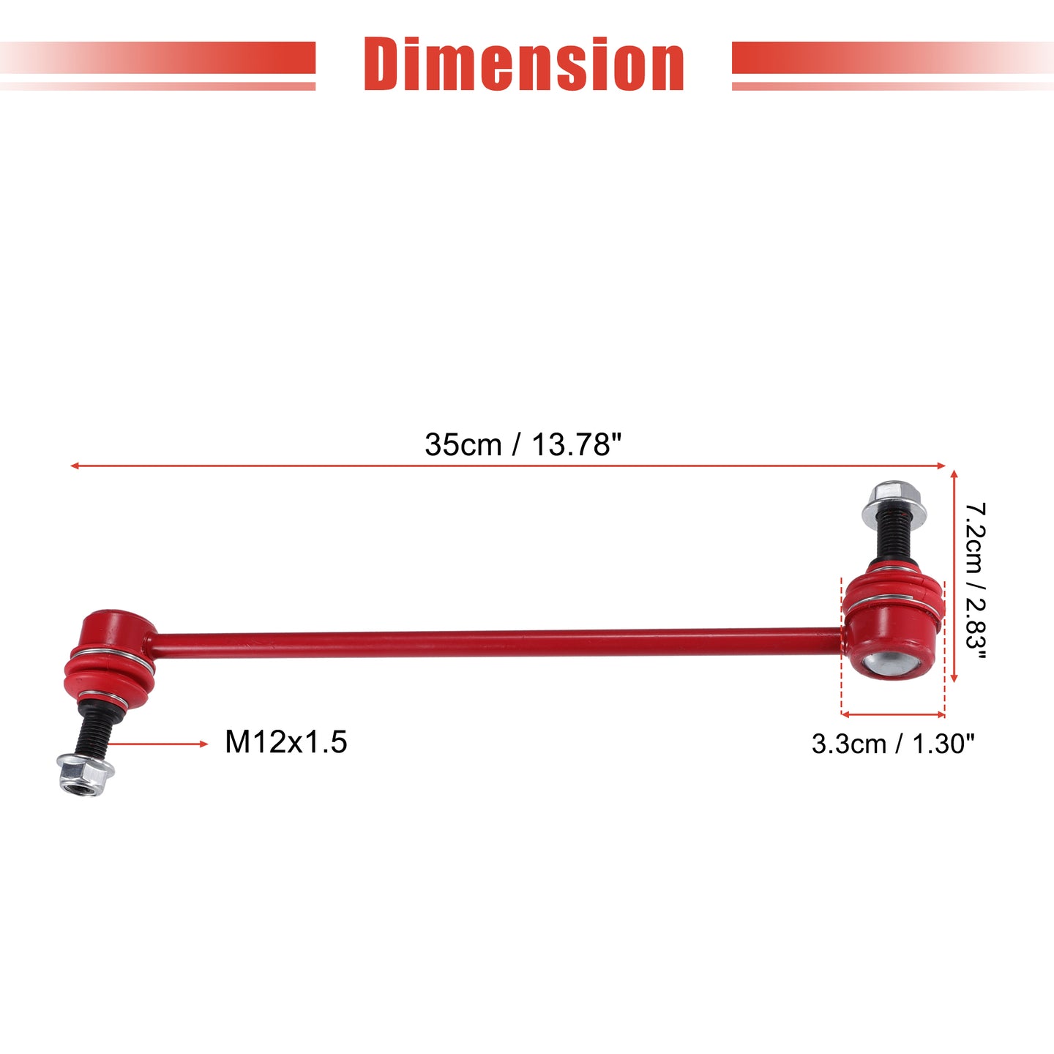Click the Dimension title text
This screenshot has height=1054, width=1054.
point(524,64)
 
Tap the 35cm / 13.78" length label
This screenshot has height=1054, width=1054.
point(523,444)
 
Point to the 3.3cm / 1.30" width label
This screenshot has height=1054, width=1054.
point(893,744)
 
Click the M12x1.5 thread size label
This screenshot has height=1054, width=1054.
point(286,742)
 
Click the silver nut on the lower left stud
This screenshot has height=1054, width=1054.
point(86,774)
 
